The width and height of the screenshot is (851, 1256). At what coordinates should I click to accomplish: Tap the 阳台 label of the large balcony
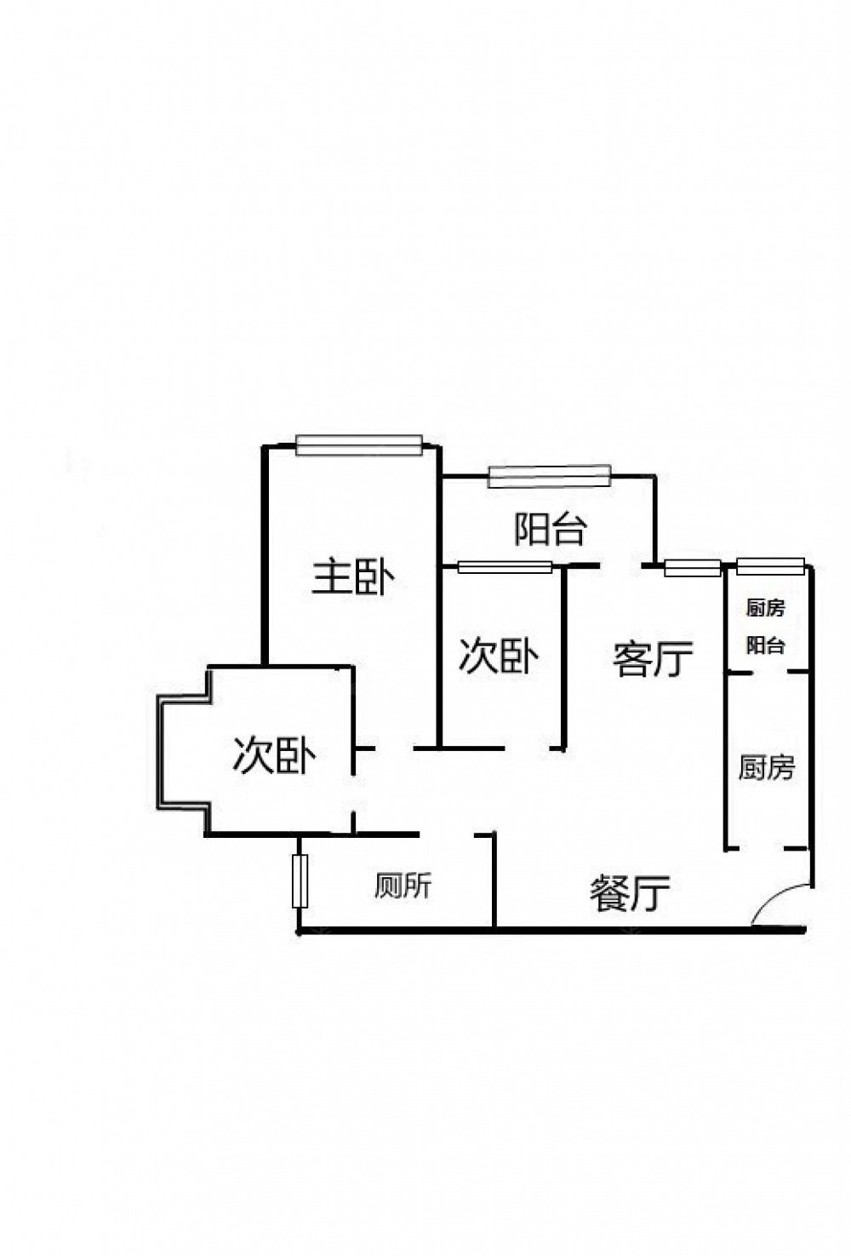coord(551,530)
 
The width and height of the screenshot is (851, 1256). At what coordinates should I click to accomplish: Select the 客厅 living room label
coord(653,658)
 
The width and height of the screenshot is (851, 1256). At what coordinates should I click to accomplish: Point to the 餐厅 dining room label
coord(630,894)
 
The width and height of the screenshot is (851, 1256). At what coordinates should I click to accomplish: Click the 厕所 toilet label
coord(403,886)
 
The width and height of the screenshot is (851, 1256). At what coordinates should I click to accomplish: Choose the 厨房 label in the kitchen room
coord(766,767)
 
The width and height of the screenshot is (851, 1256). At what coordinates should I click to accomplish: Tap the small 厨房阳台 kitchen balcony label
coord(765,627)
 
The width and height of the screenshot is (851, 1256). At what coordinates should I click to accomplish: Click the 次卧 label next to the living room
coord(499,657)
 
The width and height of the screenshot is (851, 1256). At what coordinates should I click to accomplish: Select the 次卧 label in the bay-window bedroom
coord(274,755)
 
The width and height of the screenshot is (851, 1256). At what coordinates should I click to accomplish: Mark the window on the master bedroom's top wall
coord(358,445)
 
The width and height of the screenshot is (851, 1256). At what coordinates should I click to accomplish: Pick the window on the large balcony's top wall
coord(550,475)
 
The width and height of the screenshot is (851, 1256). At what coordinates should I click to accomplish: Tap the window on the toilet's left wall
coord(299,881)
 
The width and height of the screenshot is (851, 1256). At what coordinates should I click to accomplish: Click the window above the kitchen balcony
coord(770,564)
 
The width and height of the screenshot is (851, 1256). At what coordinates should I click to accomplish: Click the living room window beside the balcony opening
coord(691,567)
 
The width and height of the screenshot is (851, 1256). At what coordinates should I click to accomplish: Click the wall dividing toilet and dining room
coord(494,881)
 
